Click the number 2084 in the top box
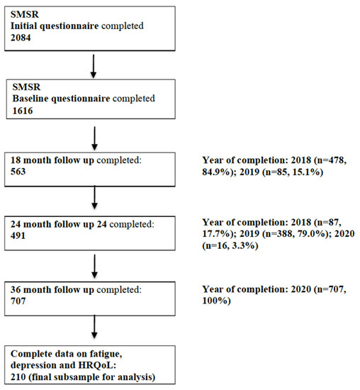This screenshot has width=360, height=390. click(x=21, y=38)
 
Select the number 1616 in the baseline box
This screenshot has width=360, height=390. click(x=23, y=111)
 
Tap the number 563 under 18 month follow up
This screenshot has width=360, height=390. click(x=18, y=172)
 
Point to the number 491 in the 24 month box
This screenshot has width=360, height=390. click(x=18, y=235)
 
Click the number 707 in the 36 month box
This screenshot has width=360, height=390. click(x=18, y=301)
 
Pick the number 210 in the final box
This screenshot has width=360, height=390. click(x=18, y=377)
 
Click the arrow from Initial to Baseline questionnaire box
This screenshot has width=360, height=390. click(x=94, y=66)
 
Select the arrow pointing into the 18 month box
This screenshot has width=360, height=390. click(x=94, y=138)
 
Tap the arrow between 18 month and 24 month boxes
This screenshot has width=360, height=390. click(x=94, y=198)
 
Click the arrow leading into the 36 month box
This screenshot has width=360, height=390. click(x=94, y=266)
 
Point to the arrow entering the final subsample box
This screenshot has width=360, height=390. click(x=94, y=327)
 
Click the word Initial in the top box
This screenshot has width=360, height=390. click(x=23, y=26)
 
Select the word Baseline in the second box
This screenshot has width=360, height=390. click(x=30, y=99)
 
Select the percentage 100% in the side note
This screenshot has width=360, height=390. click(x=216, y=301)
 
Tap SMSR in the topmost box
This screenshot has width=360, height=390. click(x=25, y=14)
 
